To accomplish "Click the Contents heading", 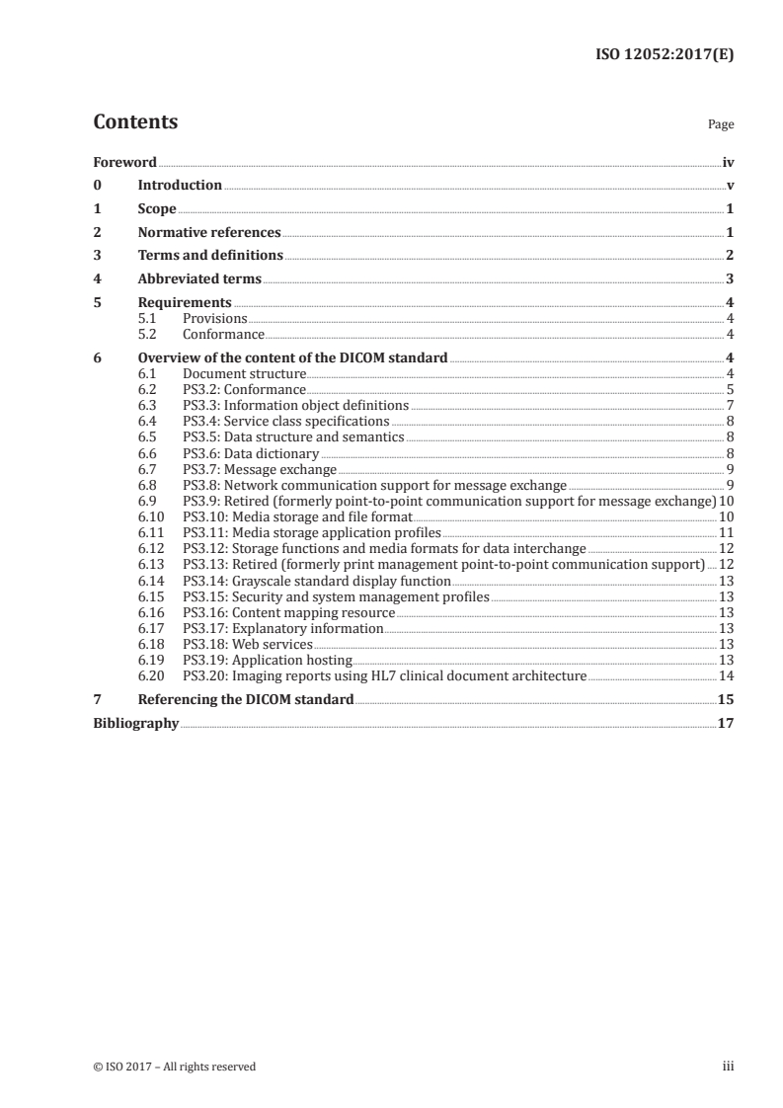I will pyautogui.click(x=135, y=122).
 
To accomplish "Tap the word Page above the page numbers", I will pyautogui.click(x=720, y=125).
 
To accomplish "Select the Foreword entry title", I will pyautogui.click(x=124, y=162).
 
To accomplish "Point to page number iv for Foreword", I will pyautogui.click(x=728, y=162).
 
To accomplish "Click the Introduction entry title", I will pyautogui.click(x=180, y=186).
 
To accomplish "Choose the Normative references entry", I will pyautogui.click(x=209, y=233).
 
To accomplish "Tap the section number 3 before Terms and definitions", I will pyautogui.click(x=97, y=256).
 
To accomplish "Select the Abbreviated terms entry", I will pyautogui.click(x=199, y=279).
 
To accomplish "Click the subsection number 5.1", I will pyautogui.click(x=147, y=318).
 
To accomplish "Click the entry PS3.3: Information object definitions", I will pyautogui.click(x=295, y=405).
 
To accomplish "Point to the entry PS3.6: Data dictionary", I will pyautogui.click(x=251, y=452).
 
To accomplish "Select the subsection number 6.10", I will pyautogui.click(x=150, y=515).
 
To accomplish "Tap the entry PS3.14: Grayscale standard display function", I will pyautogui.click(x=317, y=582).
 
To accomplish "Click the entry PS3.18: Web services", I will pyautogui.click(x=247, y=644).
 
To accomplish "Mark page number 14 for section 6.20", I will pyautogui.click(x=726, y=675).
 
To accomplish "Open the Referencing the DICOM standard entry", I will pyautogui.click(x=245, y=699).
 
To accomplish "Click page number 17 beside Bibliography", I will pyautogui.click(x=726, y=723).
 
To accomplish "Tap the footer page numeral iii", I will pyautogui.click(x=728, y=1066).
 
